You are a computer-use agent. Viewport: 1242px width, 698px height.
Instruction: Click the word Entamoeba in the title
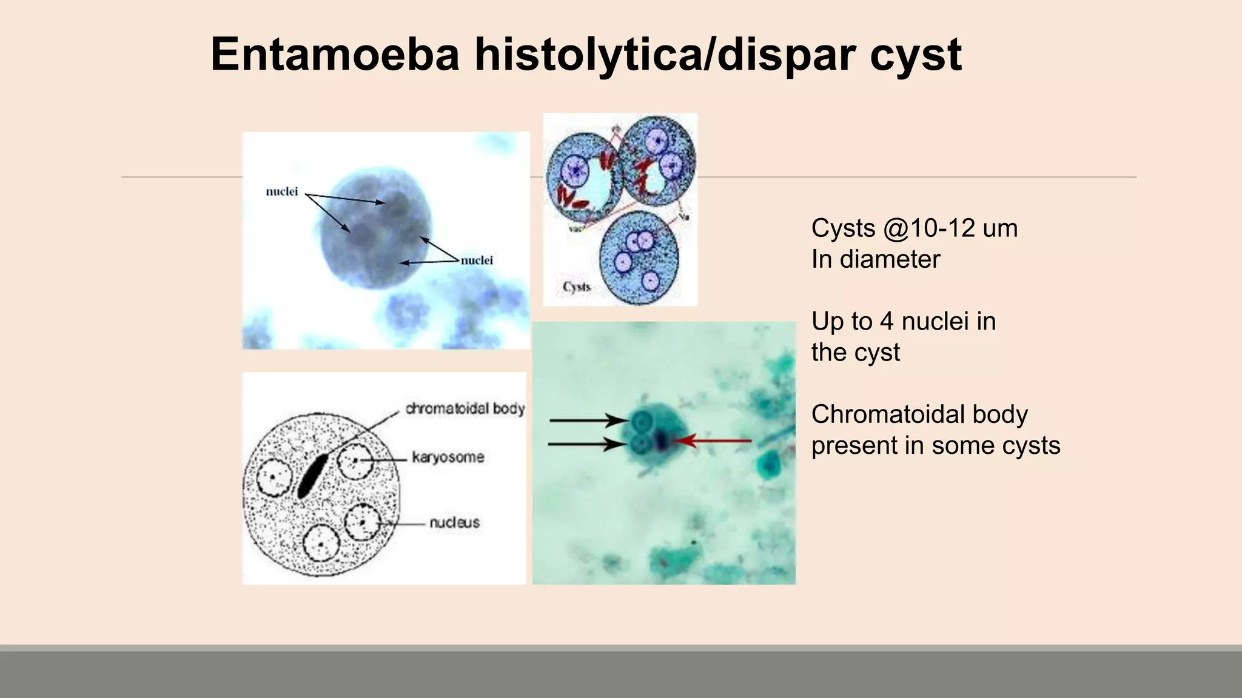tap(335, 55)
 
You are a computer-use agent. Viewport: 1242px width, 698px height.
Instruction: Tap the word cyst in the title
tap(915, 56)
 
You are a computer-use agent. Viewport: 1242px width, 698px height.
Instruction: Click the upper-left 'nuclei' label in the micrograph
tap(282, 192)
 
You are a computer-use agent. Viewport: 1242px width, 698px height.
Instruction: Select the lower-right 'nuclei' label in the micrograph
tap(477, 261)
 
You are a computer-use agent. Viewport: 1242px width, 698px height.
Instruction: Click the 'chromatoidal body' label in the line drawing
tap(465, 409)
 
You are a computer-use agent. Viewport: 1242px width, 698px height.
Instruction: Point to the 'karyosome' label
tap(448, 457)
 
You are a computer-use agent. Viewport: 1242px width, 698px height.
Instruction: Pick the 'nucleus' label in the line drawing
tap(454, 522)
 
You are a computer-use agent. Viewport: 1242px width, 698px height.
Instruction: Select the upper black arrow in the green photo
tap(588, 420)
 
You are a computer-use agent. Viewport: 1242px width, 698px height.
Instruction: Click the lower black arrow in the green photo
tap(587, 445)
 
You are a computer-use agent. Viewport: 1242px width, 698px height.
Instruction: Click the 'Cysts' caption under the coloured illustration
tap(576, 287)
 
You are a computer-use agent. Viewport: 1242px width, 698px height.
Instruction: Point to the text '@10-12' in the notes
tap(929, 228)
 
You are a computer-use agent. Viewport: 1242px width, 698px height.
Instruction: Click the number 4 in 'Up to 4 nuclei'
tap(886, 321)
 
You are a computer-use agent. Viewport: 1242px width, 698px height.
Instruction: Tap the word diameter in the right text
tap(890, 259)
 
